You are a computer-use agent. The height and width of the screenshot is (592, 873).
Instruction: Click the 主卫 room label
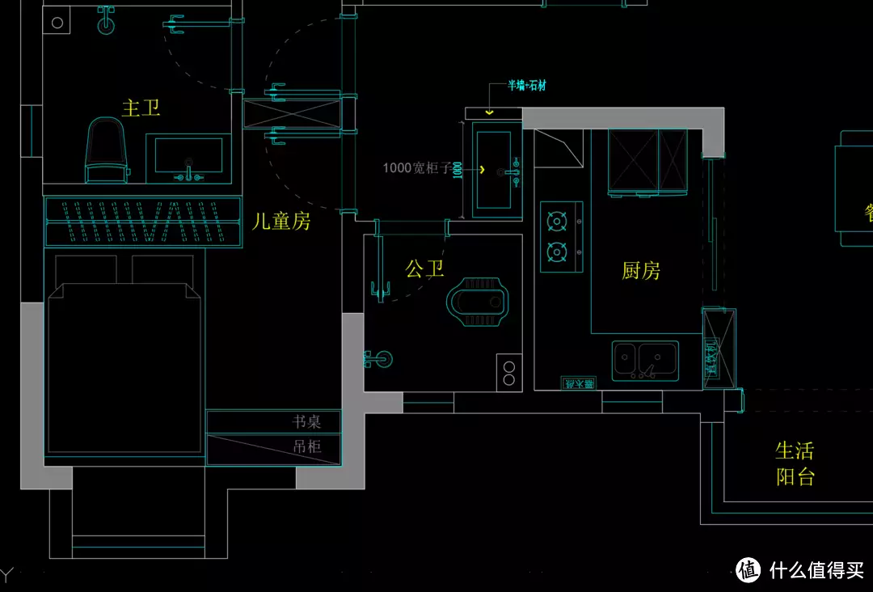coord(141,108)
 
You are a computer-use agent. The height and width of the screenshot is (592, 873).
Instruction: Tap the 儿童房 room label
coord(281,221)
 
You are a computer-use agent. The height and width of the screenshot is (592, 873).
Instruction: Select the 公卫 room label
coord(424,269)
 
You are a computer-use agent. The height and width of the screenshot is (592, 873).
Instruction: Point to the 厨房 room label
coord(641,271)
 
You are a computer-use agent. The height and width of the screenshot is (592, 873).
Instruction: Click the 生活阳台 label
coord(795,463)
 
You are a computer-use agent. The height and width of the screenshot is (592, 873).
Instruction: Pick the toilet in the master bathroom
coord(107,150)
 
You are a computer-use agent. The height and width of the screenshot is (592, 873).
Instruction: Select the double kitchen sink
coord(645,359)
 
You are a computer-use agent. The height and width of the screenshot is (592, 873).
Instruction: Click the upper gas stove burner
coord(556,221)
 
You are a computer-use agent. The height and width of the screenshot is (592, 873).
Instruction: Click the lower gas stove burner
coord(556,252)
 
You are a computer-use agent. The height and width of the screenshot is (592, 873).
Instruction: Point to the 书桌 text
coord(306,421)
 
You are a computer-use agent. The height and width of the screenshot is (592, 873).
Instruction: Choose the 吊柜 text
coord(306,446)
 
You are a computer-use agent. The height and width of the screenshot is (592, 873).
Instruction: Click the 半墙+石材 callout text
coord(526,86)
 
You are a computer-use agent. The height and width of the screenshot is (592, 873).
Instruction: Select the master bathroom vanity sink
coord(188,156)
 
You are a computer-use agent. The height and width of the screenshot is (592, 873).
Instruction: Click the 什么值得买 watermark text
coord(817,569)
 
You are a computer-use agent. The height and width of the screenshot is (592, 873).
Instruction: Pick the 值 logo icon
coord(749,569)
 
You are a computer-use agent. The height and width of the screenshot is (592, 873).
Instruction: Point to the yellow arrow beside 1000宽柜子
coord(483,170)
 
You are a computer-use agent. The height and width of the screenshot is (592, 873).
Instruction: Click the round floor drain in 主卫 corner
coord(57,23)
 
